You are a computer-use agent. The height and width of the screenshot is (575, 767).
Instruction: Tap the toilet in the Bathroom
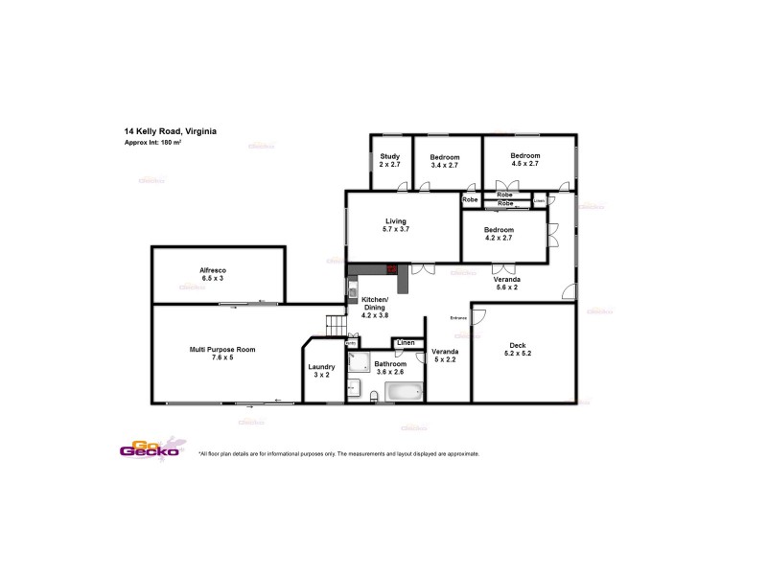(x=352, y=389)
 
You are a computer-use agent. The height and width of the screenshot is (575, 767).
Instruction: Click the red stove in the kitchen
(x=392, y=269)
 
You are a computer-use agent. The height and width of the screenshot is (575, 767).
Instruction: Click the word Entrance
(x=459, y=318)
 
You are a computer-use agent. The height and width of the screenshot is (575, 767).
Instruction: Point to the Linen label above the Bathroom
(x=405, y=342)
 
